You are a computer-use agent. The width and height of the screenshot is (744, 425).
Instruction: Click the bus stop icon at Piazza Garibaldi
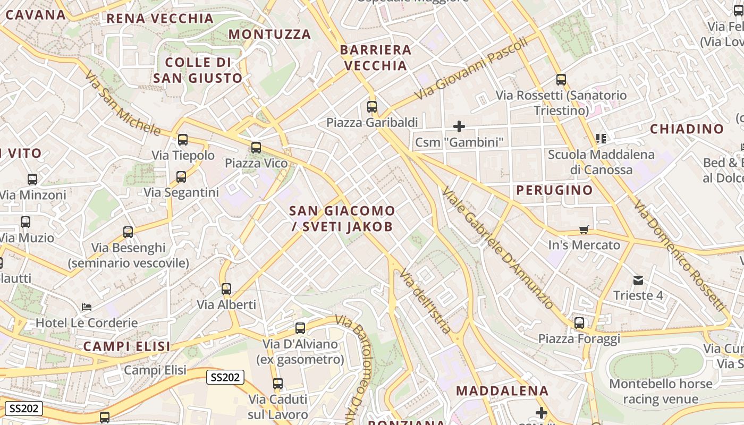pos(372,107)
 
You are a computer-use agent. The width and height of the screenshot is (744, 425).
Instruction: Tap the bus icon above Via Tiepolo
pos(183,140)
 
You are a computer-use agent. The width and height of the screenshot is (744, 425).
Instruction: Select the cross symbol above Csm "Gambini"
pos(459,126)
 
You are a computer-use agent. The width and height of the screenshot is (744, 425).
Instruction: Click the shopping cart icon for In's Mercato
pos(584,229)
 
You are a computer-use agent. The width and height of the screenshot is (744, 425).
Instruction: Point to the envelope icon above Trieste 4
pos(638,280)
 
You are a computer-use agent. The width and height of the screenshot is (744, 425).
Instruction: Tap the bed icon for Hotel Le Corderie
pos(87,307)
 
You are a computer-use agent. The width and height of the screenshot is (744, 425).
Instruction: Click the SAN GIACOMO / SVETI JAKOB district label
pos(342,219)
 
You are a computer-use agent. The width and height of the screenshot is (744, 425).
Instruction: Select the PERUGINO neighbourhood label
pos(554,190)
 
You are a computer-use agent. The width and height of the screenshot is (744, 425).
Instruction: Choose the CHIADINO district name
pos(687,129)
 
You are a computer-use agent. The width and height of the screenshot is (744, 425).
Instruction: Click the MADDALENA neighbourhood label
pos(502,391)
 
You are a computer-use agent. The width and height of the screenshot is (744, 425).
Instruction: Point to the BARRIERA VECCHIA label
pos(376,58)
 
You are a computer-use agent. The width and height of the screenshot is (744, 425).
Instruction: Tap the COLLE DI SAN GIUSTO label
pos(198,70)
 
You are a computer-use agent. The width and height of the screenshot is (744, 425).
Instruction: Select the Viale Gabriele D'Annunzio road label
pos(497,248)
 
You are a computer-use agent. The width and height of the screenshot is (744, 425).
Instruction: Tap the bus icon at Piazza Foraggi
pos(579,323)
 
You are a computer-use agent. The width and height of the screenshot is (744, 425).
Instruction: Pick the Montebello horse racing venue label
pos(661,391)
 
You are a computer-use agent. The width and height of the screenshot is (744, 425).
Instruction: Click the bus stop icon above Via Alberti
pos(226,289)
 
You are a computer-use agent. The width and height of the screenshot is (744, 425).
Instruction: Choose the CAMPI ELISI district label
pos(126,347)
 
